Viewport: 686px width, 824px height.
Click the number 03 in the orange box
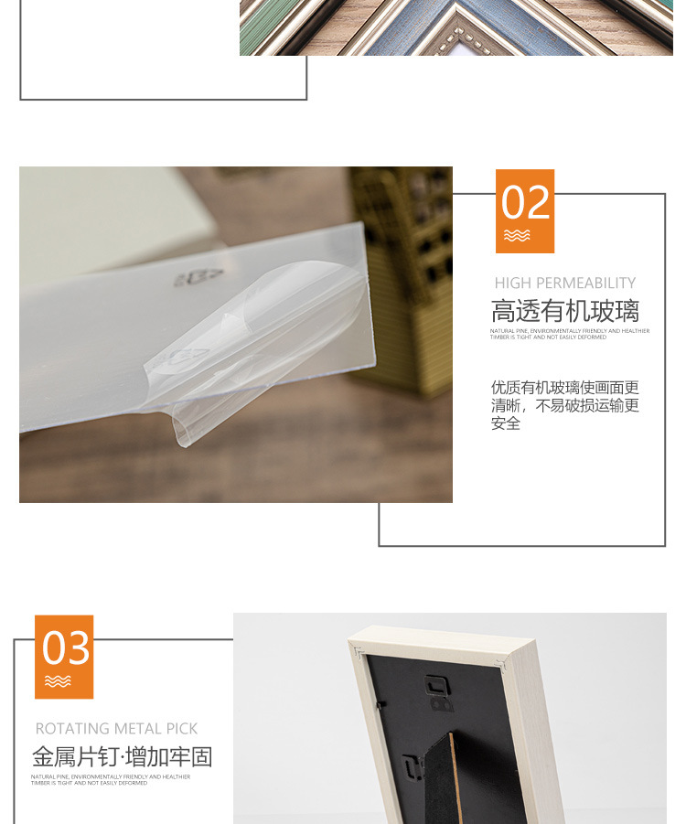click(x=67, y=648)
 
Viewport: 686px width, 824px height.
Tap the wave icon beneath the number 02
click(x=517, y=236)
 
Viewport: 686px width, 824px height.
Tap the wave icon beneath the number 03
click(x=58, y=681)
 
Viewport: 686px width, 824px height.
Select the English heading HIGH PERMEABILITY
click(x=564, y=284)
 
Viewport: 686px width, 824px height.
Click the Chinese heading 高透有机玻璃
click(x=564, y=311)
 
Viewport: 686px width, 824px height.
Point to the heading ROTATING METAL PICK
click(x=116, y=729)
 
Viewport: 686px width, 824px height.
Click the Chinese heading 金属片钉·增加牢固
click(x=123, y=757)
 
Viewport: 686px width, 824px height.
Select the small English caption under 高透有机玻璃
click(x=569, y=334)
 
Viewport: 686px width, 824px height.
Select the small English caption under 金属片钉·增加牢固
click(x=111, y=779)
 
